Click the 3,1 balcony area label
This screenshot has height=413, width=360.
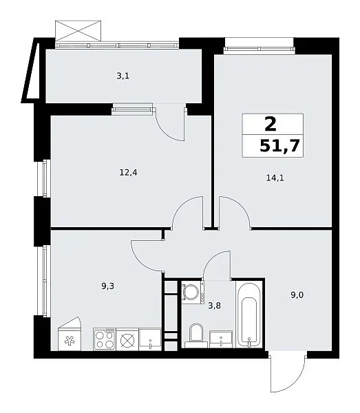click(123, 76)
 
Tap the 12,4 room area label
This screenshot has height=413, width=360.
click(128, 173)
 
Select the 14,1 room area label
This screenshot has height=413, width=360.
click(275, 178)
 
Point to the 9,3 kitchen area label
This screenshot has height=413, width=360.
click(107, 286)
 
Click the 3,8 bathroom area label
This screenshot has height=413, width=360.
click(214, 306)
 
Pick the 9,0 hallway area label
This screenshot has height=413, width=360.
click(297, 295)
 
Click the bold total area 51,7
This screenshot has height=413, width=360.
click(279, 146)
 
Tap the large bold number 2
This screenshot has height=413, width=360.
click(271, 124)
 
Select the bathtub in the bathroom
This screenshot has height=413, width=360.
click(249, 315)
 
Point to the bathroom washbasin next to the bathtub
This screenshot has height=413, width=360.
click(221, 339)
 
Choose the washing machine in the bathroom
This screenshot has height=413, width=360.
click(193, 293)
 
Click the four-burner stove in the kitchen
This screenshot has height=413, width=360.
click(105, 339)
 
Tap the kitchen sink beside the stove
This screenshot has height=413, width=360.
click(150, 339)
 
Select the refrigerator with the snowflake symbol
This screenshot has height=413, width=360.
click(70, 335)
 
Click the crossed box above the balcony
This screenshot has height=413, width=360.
click(78, 30)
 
